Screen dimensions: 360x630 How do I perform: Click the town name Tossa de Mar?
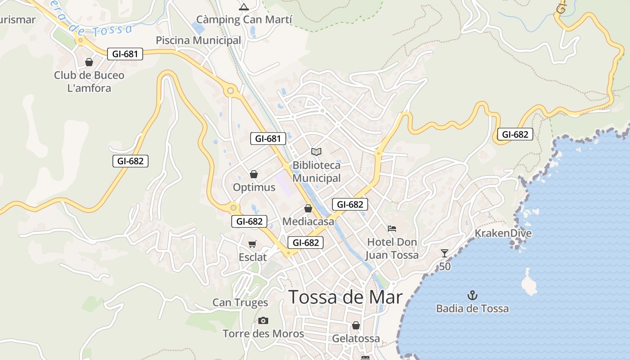pos(345,297)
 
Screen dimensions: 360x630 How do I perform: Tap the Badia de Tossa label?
pos(472,309)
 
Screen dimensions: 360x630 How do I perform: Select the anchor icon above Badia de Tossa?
pos(472,296)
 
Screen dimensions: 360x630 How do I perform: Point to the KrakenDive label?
pos(503,233)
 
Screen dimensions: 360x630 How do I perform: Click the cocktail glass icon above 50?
pos(445,253)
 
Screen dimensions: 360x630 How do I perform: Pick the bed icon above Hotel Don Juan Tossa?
pos(392,229)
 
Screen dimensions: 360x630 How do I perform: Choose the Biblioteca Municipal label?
pos(317,172)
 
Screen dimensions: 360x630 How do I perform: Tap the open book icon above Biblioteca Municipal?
pos(316,152)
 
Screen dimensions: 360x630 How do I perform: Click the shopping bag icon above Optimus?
pos(254,174)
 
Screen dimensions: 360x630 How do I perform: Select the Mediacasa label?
pos(308,221)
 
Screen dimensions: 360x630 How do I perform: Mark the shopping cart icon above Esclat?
pos(252,244)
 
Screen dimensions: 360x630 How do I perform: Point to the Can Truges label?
pos(240,302)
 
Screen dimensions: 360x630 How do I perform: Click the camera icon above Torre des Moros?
pos(263,320)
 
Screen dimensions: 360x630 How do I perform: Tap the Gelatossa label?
pos(356,338)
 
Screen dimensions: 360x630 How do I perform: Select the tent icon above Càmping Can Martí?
pos(244,7)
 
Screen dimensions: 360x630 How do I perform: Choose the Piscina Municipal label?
pos(198,40)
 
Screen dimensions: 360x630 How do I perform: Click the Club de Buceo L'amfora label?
pos(89,81)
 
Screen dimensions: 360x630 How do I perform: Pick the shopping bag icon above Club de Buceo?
pos(89,62)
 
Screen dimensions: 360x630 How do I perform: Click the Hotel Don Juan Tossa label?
pos(392,248)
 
